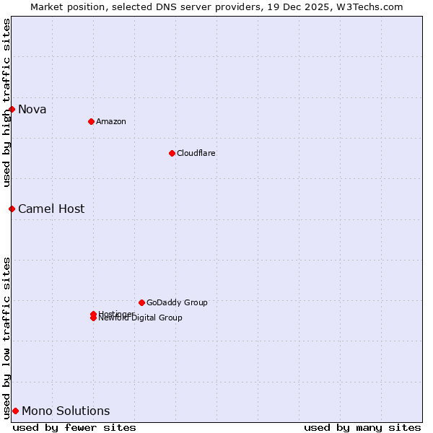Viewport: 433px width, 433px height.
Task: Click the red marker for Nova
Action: click(x=12, y=109)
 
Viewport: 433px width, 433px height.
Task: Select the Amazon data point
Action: click(x=91, y=121)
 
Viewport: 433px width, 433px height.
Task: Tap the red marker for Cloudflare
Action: click(x=172, y=153)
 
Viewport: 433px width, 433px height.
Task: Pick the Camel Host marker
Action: click(x=12, y=209)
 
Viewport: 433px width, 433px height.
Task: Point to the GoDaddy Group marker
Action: click(x=141, y=302)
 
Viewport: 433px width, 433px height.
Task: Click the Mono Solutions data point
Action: click(x=15, y=411)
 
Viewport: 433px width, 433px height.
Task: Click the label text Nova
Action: click(x=32, y=110)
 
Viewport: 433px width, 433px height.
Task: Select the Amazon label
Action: click(x=111, y=121)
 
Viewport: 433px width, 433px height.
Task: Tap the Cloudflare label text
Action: click(x=196, y=153)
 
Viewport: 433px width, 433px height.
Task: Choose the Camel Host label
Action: click(x=51, y=209)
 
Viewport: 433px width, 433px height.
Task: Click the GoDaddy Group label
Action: click(x=177, y=302)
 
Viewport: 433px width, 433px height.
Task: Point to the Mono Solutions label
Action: click(x=66, y=411)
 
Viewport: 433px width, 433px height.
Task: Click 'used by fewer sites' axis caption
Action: click(x=74, y=427)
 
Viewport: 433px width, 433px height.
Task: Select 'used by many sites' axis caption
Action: click(x=362, y=427)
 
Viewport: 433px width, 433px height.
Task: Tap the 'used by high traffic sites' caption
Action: click(x=6, y=102)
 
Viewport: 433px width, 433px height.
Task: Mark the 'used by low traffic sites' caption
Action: click(x=6, y=338)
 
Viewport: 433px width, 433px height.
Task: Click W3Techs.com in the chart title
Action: click(x=372, y=6)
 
